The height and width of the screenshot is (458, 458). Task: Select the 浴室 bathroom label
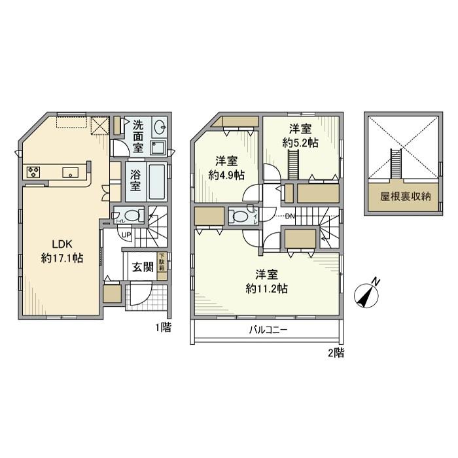pyautogui.click(x=135, y=181)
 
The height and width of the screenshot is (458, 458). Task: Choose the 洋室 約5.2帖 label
pyautogui.click(x=300, y=135)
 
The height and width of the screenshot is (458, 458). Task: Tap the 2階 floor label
pyautogui.click(x=336, y=353)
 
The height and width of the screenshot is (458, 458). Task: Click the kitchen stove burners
pyautogui.click(x=33, y=173)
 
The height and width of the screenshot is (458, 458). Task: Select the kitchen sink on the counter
pyautogui.click(x=70, y=173)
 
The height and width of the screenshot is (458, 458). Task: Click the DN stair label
pyautogui.click(x=290, y=217)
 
